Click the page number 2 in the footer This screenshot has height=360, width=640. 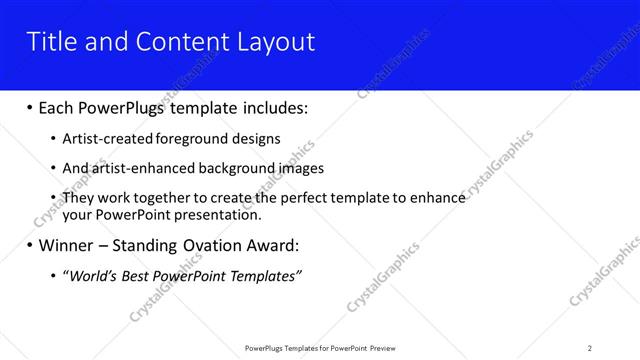click(x=590, y=347)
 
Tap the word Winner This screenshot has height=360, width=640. click(x=68, y=245)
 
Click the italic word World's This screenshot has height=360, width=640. click(x=91, y=275)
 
